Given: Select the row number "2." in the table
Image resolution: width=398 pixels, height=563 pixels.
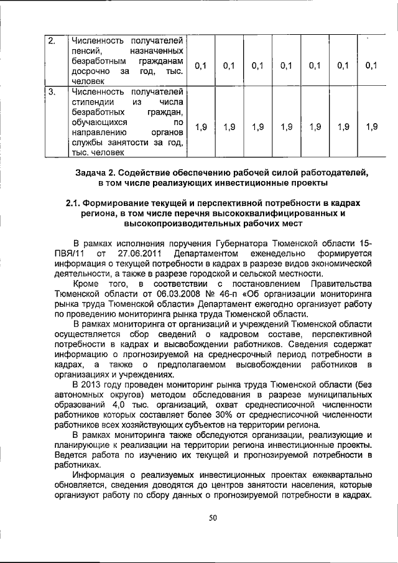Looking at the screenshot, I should coord(53,41).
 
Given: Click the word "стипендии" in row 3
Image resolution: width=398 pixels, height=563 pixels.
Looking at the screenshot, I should coord(93,103).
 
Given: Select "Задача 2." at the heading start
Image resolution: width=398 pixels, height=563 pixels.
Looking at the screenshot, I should coord(94,172).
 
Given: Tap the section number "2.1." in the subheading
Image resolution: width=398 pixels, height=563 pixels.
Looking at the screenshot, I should coord(78,203).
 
